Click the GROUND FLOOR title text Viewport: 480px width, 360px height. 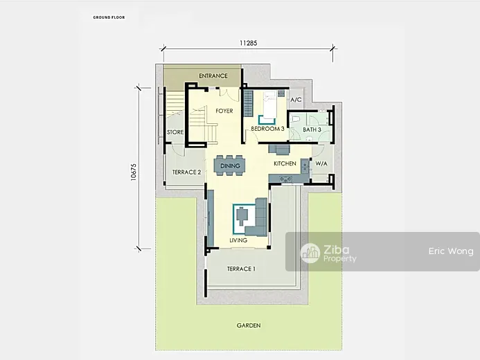[x=109, y=17]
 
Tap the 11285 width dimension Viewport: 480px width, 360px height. [x=248, y=43]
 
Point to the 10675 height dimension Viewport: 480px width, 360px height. [x=134, y=172]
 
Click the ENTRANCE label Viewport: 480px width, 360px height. [x=213, y=75]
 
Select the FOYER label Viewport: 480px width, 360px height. [x=224, y=111]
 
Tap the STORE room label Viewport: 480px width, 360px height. [x=175, y=132]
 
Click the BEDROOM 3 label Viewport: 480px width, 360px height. [x=267, y=129]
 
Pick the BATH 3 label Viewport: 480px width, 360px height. [x=312, y=129]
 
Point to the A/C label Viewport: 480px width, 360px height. [x=296, y=100]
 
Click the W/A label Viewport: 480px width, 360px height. [x=321, y=163]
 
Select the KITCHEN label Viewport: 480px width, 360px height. [x=285, y=163]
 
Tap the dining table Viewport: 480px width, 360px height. [x=229, y=165]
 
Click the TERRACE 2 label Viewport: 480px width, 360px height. [x=186, y=172]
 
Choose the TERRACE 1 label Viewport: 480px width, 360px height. [x=241, y=269]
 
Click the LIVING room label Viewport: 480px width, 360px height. [x=238, y=240]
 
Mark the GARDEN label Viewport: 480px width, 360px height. [x=249, y=325]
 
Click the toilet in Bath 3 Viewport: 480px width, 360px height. [x=294, y=118]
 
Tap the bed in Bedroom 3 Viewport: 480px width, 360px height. [x=269, y=105]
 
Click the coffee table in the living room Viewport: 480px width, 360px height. [x=242, y=215]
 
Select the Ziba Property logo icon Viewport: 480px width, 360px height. [x=310, y=253]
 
